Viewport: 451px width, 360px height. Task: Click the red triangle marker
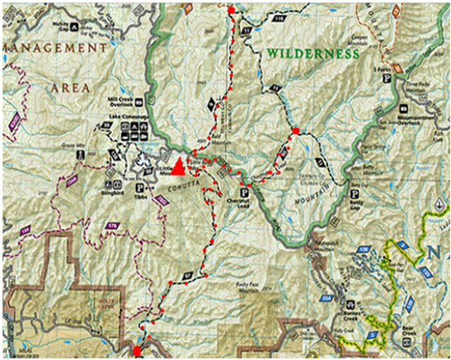(x=179, y=166)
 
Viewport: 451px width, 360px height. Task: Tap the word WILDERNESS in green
(x=313, y=54)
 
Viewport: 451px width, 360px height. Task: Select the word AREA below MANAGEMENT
(x=70, y=88)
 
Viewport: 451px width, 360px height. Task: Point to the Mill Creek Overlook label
(x=121, y=101)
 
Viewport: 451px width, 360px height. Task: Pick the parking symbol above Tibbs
(x=139, y=187)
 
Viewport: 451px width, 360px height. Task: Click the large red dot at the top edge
(x=231, y=10)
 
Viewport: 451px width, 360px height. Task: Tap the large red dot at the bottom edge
(x=137, y=350)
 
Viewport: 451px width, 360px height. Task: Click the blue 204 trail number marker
(x=324, y=298)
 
